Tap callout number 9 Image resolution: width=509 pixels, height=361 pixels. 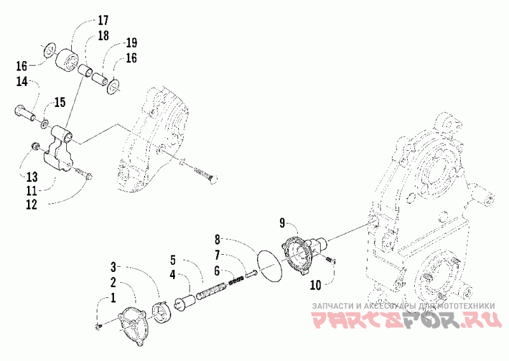282,223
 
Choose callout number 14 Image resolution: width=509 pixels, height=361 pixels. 22,81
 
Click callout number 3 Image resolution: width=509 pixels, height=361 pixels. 113,265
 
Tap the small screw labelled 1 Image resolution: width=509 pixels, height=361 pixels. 98,326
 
